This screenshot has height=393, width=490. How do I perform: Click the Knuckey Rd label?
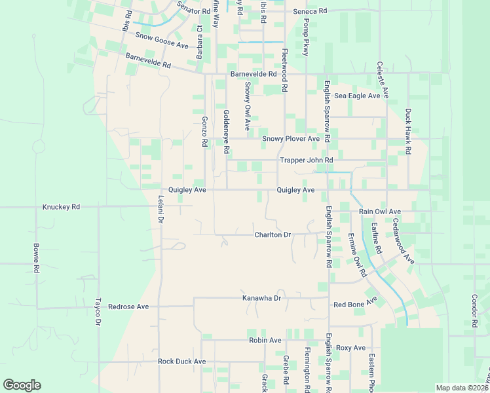pyautogui.click(x=61, y=206)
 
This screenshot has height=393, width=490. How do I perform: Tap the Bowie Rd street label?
pyautogui.click(x=36, y=259)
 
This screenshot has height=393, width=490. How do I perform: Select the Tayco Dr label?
pyautogui.click(x=98, y=313)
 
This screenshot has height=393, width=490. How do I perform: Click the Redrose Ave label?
pyautogui.click(x=128, y=307)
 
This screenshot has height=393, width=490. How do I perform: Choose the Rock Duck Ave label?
pyautogui.click(x=181, y=362)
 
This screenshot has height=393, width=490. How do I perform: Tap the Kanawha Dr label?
pyautogui.click(x=261, y=298)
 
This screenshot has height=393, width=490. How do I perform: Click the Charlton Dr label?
pyautogui.click(x=272, y=234)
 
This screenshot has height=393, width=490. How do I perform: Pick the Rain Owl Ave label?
pyautogui.click(x=379, y=212)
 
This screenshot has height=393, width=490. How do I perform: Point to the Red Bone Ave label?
pyautogui.click(x=356, y=303)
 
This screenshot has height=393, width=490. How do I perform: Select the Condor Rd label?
pyautogui.click(x=474, y=310)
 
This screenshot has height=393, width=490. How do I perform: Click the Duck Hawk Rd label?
pyautogui.click(x=407, y=131)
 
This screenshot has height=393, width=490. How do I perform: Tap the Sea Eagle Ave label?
pyautogui.click(x=357, y=96)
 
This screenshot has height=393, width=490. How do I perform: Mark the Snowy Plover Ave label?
pyautogui.click(x=290, y=139)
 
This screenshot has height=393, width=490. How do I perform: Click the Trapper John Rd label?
pyautogui.click(x=306, y=160)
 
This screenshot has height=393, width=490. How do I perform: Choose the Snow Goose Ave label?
pyautogui.click(x=162, y=41)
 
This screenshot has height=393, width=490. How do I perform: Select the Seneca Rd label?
pyautogui.click(x=309, y=12)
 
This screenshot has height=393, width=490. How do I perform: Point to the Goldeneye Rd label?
pyautogui.click(x=226, y=132)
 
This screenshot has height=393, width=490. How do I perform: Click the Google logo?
pyautogui.click(x=22, y=385)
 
